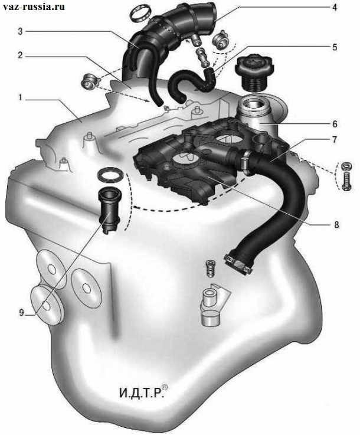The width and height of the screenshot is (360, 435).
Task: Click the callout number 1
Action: tap(19, 98)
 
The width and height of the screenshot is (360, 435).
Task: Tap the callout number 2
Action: tap(20, 55)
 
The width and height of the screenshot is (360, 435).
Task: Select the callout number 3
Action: tap(20, 31)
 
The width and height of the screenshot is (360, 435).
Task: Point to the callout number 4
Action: tap(335, 7)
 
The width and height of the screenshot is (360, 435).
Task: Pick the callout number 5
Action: tap(335, 47)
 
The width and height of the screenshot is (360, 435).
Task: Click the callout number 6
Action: tap(335, 124)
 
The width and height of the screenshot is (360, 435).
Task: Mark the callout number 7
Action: tap(335, 139)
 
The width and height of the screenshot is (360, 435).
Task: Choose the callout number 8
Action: tap(336, 224)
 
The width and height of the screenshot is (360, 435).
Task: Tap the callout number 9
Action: tap(21, 313)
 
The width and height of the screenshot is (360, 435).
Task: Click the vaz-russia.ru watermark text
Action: tap(34, 6)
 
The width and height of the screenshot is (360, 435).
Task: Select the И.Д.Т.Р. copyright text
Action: tap(143, 392)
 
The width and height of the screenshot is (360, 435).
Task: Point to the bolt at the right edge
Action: tap(346, 181)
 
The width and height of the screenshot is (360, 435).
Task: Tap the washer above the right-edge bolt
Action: tap(346, 166)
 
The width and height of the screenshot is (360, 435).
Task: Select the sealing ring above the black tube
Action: tap(111, 175)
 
